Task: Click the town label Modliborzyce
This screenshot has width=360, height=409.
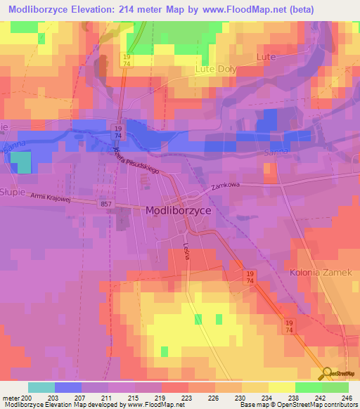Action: (178, 209)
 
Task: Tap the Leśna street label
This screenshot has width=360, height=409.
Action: (186, 251)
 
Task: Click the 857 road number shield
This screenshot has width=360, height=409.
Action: (105, 204)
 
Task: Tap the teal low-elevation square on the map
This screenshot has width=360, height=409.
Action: (23, 163)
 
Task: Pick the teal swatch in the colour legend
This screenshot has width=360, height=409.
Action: (41, 387)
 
